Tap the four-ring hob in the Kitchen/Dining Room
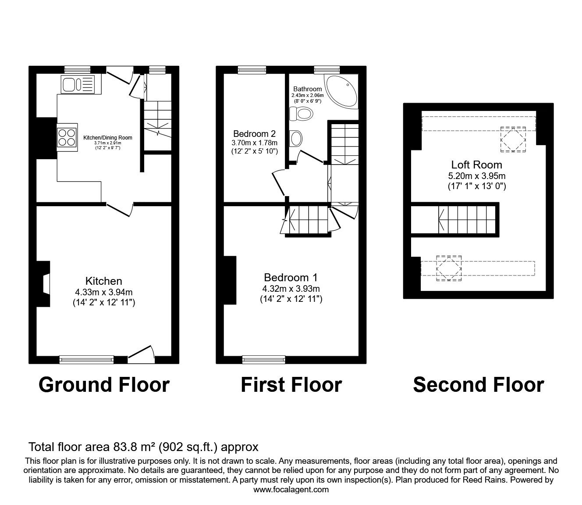click(x=67, y=136)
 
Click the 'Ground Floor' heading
click(x=104, y=385)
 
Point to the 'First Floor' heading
click(x=291, y=385)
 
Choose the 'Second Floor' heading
click(x=478, y=385)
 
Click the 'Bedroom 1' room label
click(x=291, y=277)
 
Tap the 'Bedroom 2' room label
click(x=254, y=134)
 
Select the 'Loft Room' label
click(x=476, y=165)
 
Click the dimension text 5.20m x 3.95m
click(x=476, y=176)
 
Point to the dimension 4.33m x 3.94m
click(x=104, y=292)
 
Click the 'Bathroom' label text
click(x=307, y=89)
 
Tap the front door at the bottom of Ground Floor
click(x=142, y=354)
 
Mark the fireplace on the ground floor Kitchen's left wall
click(x=44, y=284)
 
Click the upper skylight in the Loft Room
click(x=513, y=139)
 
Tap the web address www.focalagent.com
click(x=291, y=490)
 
